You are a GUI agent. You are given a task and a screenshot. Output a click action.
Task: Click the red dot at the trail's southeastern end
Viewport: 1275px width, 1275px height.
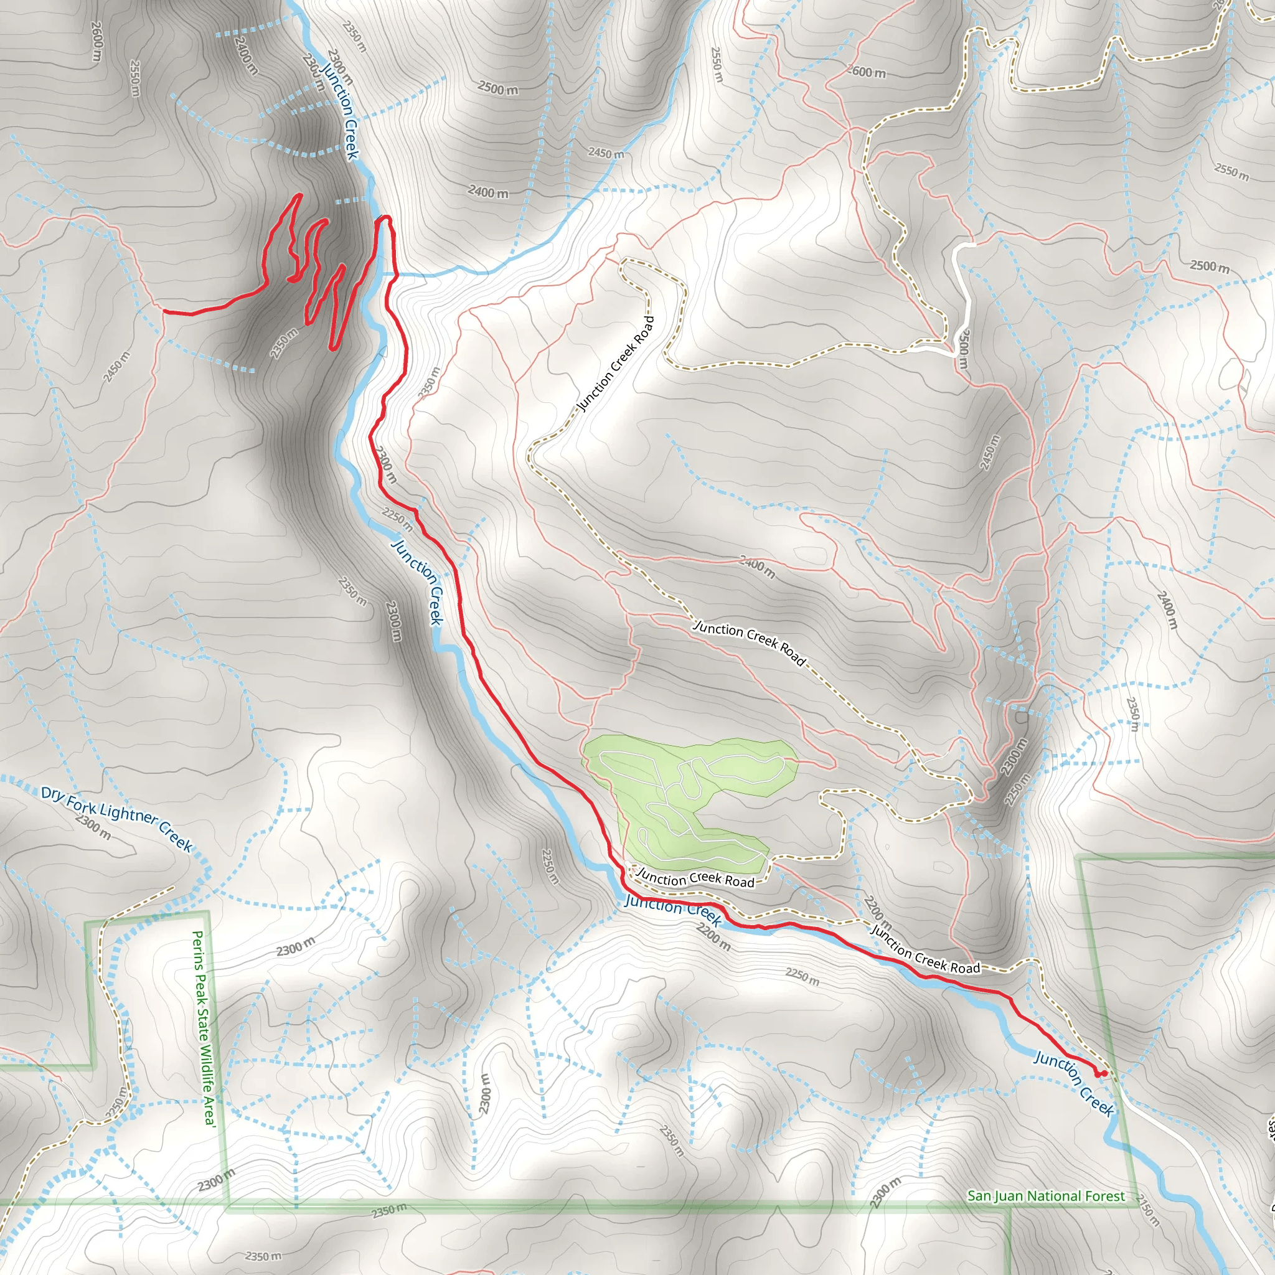pos(1099,1074)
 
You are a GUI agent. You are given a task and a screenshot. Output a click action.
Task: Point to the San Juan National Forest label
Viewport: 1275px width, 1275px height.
pos(1046,1196)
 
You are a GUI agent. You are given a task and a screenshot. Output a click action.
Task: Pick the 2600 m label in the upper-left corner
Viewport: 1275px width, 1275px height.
pos(97,42)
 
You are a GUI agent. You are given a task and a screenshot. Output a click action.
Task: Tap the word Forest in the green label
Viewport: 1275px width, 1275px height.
pos(1104,1196)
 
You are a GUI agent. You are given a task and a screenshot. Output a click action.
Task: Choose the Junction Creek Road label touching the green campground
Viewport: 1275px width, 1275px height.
pos(695,878)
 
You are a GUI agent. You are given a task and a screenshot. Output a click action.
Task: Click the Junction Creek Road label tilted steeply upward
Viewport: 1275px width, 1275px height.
pos(616,364)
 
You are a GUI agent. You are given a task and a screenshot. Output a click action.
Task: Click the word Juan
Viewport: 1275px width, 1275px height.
pos(1009,1196)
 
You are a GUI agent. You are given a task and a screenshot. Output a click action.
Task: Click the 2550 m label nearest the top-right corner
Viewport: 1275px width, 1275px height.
pos(1231,171)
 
